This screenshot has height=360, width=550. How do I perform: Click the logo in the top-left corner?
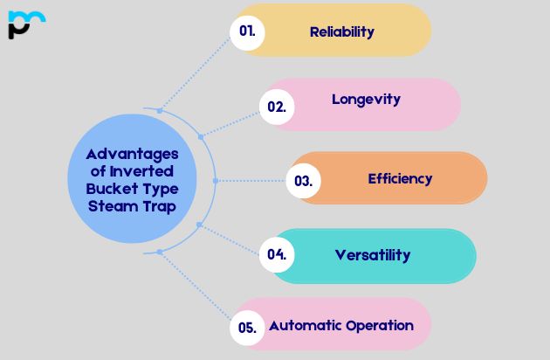click(25, 24)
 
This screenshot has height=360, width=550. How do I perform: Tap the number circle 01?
click(246, 31)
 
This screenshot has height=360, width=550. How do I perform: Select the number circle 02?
click(277, 107)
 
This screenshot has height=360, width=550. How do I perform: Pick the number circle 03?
click(303, 181)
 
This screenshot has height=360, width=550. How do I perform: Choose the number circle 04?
click(277, 254)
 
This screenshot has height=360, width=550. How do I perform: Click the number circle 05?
click(247, 328)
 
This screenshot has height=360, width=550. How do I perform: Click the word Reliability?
click(341, 31)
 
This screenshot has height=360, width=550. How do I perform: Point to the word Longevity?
click(366, 99)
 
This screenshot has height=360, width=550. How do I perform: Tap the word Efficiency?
click(400, 178)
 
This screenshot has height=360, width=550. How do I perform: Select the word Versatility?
click(372, 255)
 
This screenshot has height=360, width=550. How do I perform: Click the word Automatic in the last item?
click(305, 325)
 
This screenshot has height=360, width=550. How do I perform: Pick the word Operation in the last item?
click(379, 326)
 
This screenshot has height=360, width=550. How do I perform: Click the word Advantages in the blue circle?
click(132, 154)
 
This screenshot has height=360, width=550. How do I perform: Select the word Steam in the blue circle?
click(113, 206)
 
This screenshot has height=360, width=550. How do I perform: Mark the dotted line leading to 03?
click(253, 181)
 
